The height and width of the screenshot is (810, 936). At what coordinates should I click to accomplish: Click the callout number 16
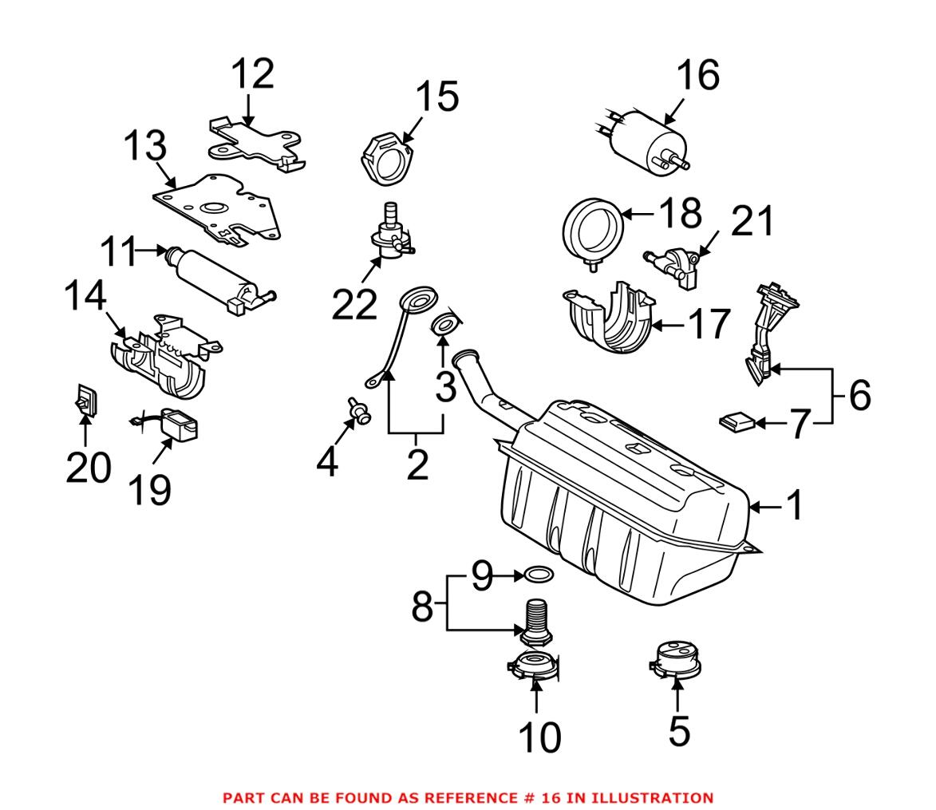tap(697, 75)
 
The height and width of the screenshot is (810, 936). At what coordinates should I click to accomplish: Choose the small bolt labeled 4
tap(361, 411)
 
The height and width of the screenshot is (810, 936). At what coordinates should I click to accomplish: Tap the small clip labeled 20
tap(87, 401)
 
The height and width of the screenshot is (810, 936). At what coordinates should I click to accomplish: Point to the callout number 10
tap(539, 738)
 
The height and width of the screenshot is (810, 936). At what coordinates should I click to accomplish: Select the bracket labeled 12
tap(254, 142)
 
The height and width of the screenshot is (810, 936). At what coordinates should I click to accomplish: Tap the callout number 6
tap(859, 395)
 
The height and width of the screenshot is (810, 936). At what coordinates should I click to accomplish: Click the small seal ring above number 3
tap(445, 324)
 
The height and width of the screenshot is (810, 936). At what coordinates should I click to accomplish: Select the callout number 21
tap(752, 221)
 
